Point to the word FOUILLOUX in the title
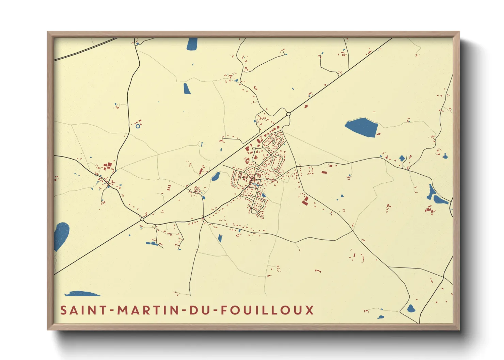(x=267, y=310)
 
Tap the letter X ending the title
(x=309, y=310)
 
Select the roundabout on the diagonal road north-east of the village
(x=288, y=114)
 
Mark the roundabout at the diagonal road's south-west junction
(x=142, y=219)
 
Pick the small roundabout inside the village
(x=254, y=149)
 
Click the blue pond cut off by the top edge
(x=192, y=44)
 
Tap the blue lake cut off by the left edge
(x=61, y=235)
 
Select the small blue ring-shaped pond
(x=138, y=126)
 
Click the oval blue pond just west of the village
(x=216, y=177)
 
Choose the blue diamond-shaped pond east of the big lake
(x=402, y=158)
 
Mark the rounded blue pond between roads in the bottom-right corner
(x=411, y=309)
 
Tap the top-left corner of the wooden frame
(x=48, y=32)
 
